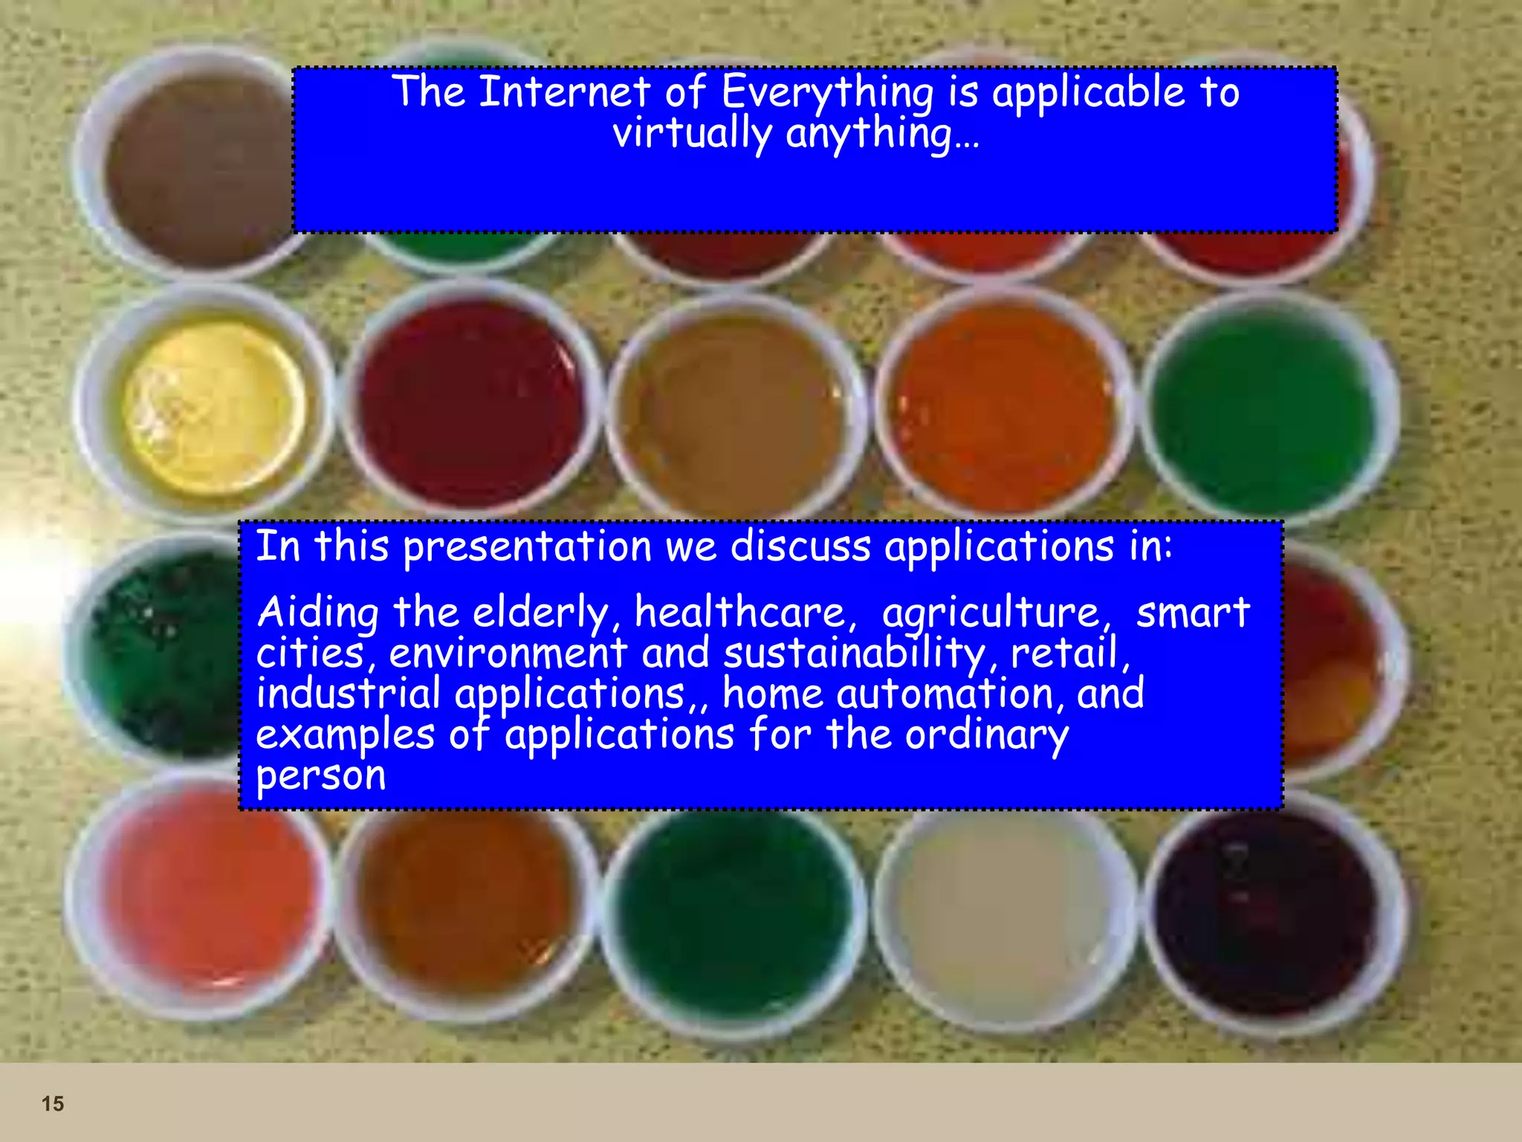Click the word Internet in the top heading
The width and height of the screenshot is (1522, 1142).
click(565, 92)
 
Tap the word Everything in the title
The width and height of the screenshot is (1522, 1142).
click(827, 94)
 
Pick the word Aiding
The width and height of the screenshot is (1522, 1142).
click(318, 614)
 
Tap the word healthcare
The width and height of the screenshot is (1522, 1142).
click(740, 613)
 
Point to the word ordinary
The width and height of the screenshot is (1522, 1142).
click(986, 736)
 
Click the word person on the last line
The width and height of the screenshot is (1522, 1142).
click(321, 776)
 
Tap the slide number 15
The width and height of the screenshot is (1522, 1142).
click(53, 1103)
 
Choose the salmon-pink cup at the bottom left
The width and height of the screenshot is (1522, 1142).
click(204, 892)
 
